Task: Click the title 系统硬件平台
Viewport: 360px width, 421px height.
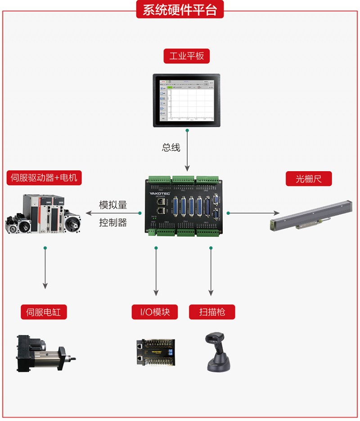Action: [x=180, y=10]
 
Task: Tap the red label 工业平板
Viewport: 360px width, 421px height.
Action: [x=187, y=56]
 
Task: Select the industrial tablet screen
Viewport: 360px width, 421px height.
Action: [x=187, y=100]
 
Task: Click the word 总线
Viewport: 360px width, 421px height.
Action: [x=171, y=147]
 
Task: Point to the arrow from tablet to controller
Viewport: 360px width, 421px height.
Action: [x=187, y=151]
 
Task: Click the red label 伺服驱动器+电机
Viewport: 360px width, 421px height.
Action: [x=44, y=177]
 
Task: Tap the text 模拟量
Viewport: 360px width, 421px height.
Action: [x=113, y=205]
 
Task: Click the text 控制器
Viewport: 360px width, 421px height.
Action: [x=113, y=222]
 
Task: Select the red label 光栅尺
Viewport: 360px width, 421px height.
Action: [x=309, y=179]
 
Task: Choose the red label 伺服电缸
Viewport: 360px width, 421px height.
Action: [x=44, y=312]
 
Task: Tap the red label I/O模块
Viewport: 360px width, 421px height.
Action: [x=155, y=312]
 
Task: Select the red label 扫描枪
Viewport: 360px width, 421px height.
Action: [x=212, y=312]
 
